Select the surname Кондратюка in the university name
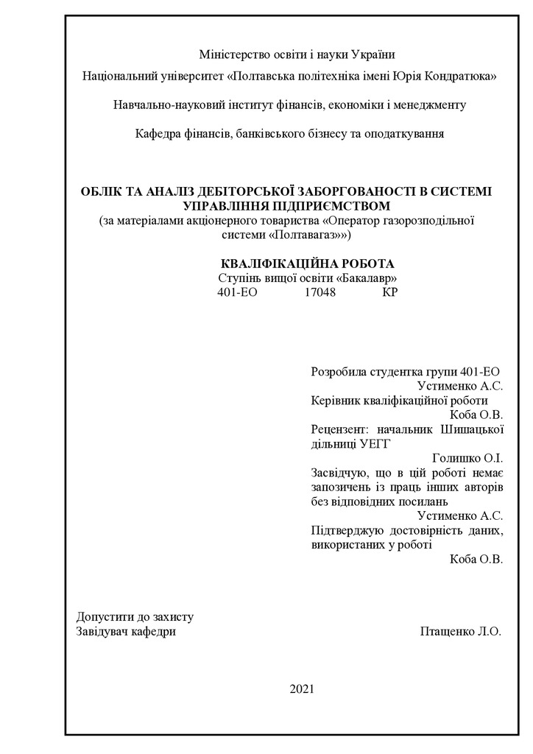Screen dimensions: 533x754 pos(462,76)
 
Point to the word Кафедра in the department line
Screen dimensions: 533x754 pos(156,134)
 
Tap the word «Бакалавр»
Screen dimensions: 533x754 pos(368,278)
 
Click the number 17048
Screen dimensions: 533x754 pos(320,292)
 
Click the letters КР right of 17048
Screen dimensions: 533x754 pos(390,292)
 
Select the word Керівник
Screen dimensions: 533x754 pos(336,401)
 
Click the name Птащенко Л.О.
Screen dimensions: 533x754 pos(460,631)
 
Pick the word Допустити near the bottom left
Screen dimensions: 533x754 pos(103,617)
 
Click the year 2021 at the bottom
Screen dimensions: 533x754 pos(302,689)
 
